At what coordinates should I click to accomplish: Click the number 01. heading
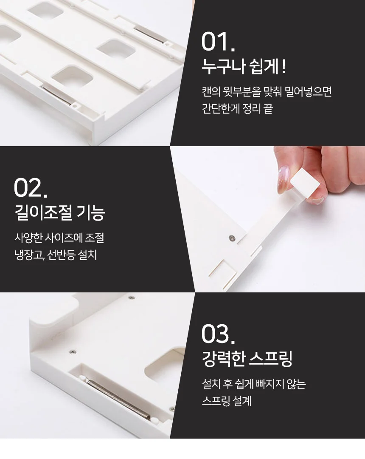pos(218,42)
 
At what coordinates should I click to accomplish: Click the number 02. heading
pos(31,188)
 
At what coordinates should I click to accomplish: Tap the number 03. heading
pos(218,334)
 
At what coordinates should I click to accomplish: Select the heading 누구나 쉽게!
pos(244,66)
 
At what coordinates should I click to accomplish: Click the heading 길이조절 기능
pos(60,212)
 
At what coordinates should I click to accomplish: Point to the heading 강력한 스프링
pos(247,359)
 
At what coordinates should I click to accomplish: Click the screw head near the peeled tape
pos(232,238)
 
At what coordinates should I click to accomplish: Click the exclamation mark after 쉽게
pos(284,67)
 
